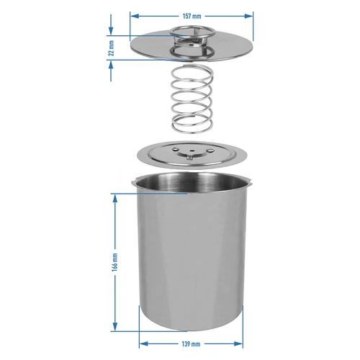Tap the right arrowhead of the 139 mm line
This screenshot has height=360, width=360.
click(x=242, y=344)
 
